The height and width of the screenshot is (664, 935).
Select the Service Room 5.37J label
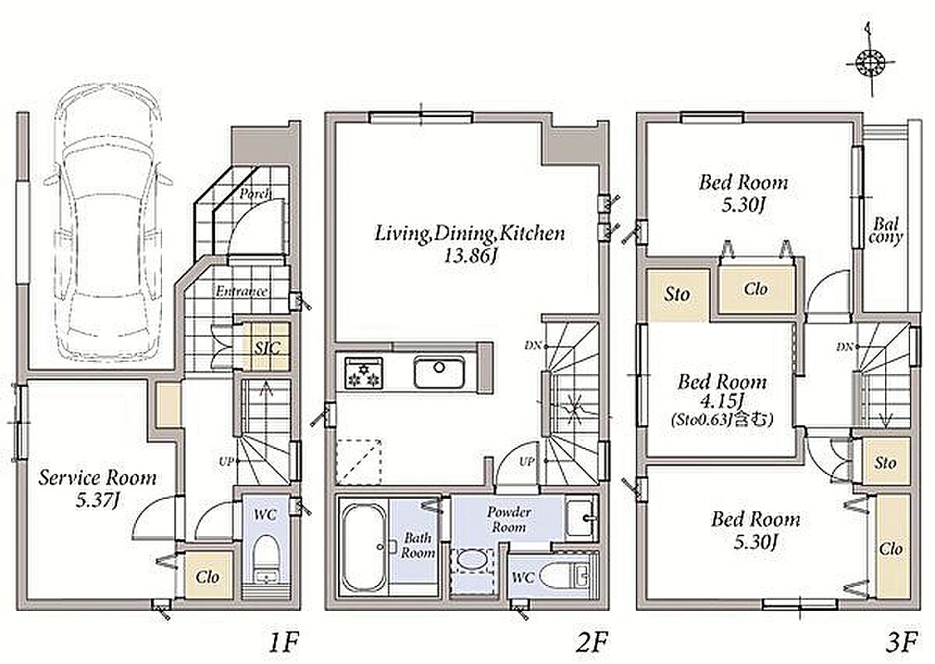click(x=98, y=488)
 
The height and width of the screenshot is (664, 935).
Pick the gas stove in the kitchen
click(x=363, y=373)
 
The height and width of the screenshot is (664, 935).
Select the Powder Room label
click(x=509, y=519)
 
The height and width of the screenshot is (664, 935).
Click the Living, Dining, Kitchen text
click(x=469, y=233)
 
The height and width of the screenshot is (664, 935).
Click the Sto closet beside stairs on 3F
click(x=885, y=463)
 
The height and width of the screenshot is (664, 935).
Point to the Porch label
click(x=255, y=193)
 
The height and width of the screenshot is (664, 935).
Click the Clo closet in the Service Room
click(x=208, y=576)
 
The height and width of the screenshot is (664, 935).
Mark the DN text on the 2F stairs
click(x=532, y=345)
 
